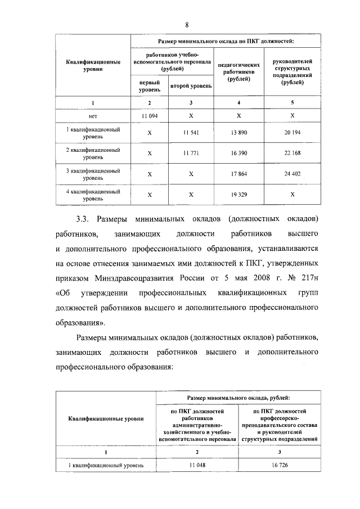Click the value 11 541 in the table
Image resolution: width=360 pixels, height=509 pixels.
(x=191, y=133)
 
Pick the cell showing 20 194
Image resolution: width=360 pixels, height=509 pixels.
(x=292, y=133)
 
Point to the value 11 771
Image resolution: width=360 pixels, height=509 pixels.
(x=191, y=153)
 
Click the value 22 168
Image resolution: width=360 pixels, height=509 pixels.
(x=292, y=153)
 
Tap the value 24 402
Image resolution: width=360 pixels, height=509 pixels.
(x=292, y=174)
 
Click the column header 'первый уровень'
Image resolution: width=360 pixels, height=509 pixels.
(x=149, y=86)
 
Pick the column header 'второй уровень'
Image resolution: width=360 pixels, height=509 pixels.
(x=191, y=87)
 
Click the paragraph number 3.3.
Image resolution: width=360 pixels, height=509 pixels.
(x=85, y=218)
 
